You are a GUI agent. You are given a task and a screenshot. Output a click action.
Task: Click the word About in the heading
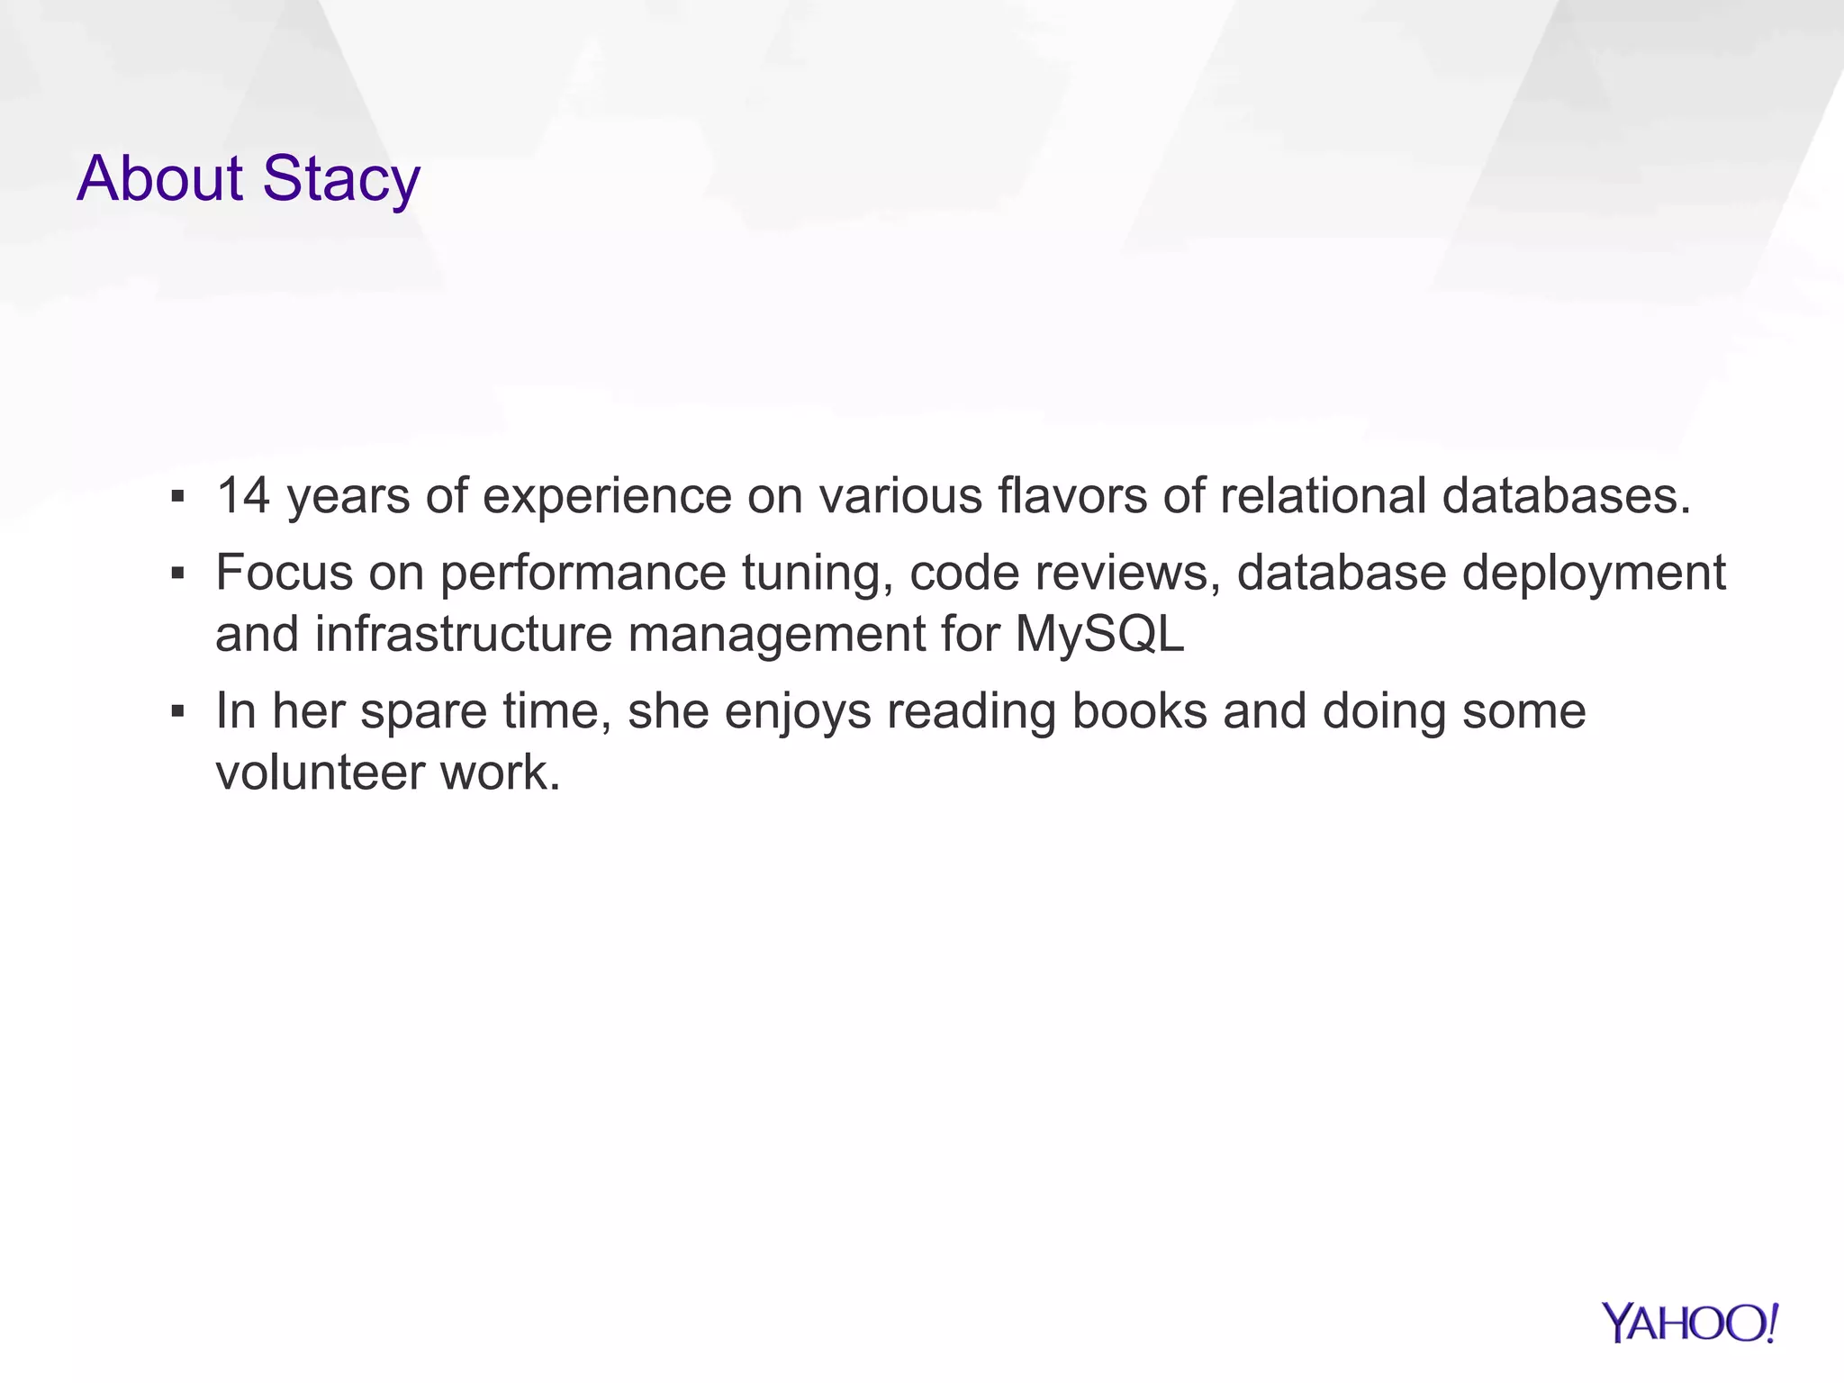tap(159, 179)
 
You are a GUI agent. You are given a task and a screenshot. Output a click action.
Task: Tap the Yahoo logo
tap(1689, 1324)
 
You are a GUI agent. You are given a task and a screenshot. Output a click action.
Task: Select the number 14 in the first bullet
tap(243, 496)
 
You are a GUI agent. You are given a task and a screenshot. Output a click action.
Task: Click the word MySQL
tap(1099, 634)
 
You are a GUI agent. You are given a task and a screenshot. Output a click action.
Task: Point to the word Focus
tap(284, 573)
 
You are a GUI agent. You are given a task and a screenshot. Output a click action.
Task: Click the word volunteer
tap(320, 773)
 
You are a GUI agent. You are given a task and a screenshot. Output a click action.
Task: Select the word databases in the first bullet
tap(1566, 496)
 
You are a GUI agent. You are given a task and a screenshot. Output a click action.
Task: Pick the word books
tap(1139, 711)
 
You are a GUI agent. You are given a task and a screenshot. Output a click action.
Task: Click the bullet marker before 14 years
tap(177, 496)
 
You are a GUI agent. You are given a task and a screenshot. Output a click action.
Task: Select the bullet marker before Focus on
tap(177, 573)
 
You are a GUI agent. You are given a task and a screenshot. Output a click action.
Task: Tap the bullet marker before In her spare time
tap(177, 711)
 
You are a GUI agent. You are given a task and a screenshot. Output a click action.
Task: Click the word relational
tap(1323, 496)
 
